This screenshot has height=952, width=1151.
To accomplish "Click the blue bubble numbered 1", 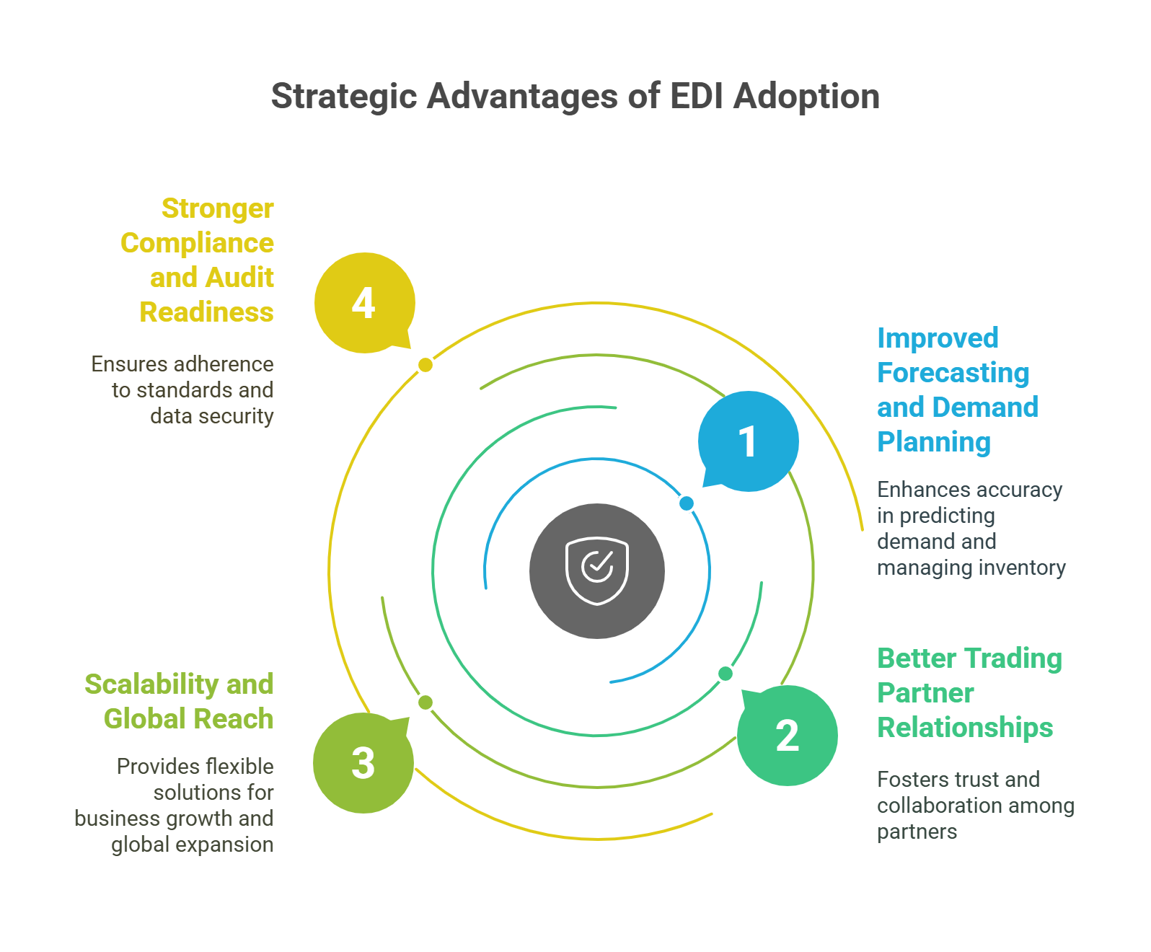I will click(x=748, y=441).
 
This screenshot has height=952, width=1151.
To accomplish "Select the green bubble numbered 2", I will click(x=787, y=735).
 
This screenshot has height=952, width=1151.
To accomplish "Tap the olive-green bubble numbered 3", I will click(x=363, y=762).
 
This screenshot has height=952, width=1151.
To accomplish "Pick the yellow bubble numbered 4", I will click(x=363, y=303).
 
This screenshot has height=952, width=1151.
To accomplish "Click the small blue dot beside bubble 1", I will click(x=686, y=503).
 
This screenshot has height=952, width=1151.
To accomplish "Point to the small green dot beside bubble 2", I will click(x=726, y=674).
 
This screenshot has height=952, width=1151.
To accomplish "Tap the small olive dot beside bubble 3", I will click(x=425, y=702).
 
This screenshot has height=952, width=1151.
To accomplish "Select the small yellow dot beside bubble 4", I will click(x=425, y=365).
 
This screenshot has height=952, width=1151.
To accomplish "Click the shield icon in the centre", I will click(x=597, y=570).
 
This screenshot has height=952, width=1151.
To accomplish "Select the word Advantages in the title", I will click(x=527, y=99).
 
